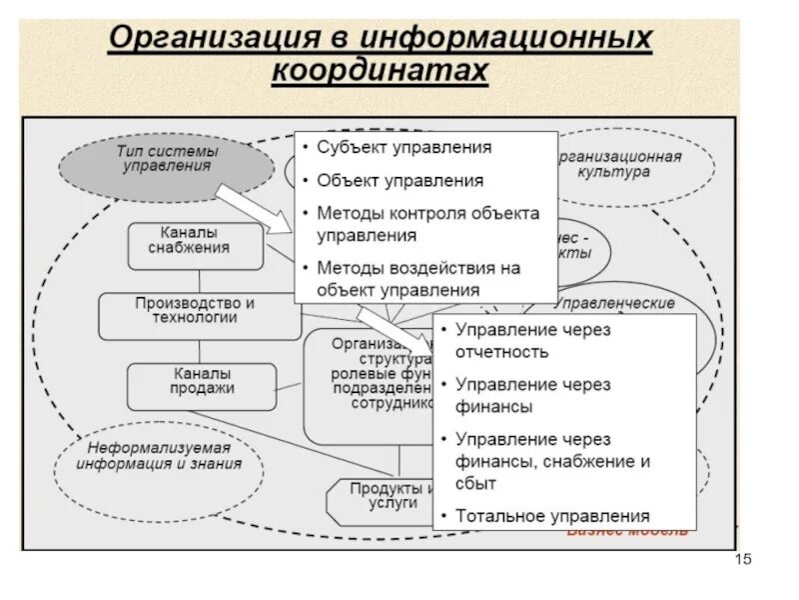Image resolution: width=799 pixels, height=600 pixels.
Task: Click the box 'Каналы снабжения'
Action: coord(196,241)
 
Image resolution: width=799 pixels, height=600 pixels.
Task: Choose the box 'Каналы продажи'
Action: coord(201,381)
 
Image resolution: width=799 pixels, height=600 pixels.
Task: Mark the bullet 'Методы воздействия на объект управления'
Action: coord(417,279)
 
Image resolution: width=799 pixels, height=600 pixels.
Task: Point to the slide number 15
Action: coord(742,558)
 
